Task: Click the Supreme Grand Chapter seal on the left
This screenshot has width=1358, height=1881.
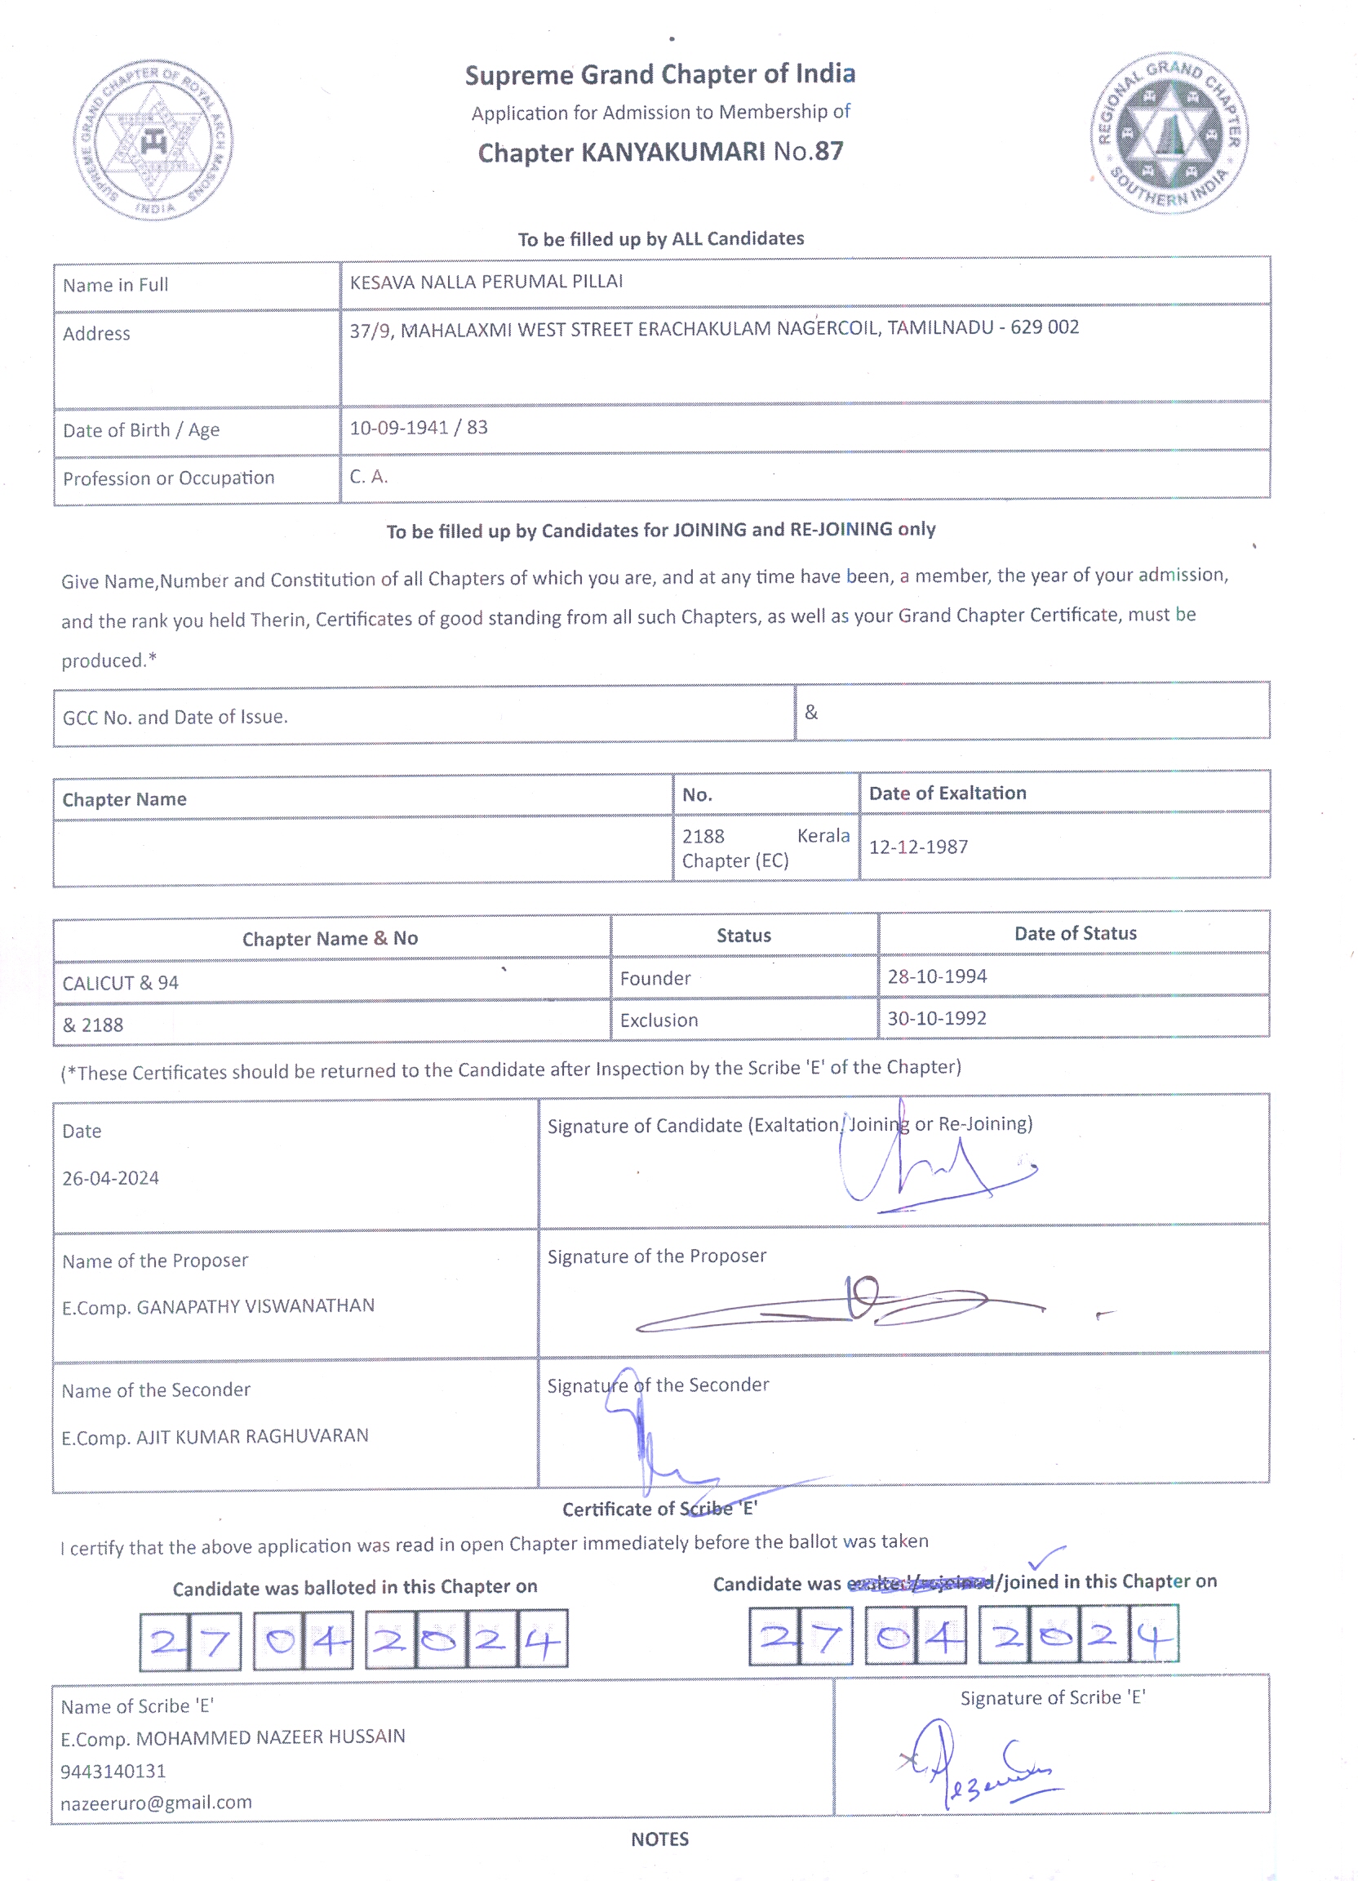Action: point(153,140)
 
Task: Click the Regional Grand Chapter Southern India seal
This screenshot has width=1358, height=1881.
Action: point(1169,133)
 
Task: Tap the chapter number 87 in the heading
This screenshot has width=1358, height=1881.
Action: point(828,151)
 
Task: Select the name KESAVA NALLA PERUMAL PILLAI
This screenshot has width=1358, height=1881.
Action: point(486,282)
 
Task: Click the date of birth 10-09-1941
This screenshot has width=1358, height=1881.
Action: point(399,428)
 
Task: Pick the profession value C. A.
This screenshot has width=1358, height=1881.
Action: point(368,477)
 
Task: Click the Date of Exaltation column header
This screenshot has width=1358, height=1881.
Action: point(947,793)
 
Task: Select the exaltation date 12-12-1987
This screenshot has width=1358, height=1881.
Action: point(918,847)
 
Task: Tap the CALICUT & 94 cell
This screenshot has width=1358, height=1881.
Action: point(121,983)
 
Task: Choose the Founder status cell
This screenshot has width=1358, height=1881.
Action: point(655,979)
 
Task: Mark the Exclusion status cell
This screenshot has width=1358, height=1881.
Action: point(659,1021)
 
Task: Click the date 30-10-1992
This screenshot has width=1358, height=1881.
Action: point(937,1018)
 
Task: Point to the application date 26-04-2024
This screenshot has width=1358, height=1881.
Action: point(111,1178)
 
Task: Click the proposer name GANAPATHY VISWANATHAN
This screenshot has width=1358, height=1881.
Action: point(255,1306)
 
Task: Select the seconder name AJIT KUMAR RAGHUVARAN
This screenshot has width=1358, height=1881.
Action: point(252,1436)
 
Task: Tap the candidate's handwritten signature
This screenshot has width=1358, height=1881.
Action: point(929,1169)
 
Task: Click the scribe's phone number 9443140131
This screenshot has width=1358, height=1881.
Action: point(113,1771)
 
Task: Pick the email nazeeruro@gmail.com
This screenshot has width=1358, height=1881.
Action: point(156,1802)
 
